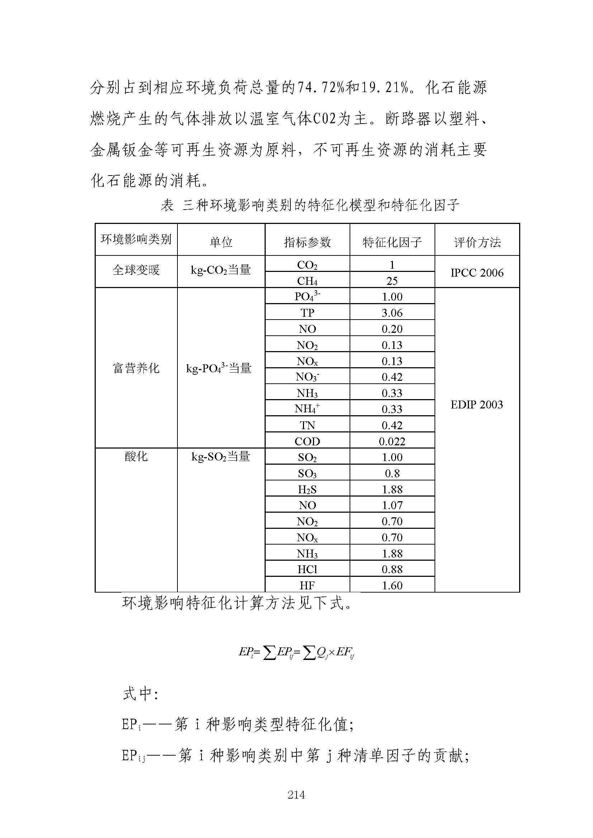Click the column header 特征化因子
click(x=392, y=242)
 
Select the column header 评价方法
click(x=477, y=242)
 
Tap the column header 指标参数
click(x=307, y=242)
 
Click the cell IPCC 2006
click(x=477, y=273)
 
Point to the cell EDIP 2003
click(x=477, y=404)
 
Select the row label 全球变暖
click(x=136, y=270)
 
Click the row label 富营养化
click(x=136, y=368)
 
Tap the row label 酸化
click(x=136, y=456)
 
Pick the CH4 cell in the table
click(x=307, y=281)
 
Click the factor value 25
click(x=392, y=281)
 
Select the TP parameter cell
click(x=307, y=313)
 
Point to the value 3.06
click(x=392, y=313)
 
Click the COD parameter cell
click(x=307, y=441)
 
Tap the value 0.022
click(x=392, y=441)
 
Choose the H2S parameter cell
click(x=307, y=489)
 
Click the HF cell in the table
click(x=307, y=585)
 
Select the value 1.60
click(x=392, y=585)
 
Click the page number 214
click(x=296, y=795)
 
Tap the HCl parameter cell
click(x=307, y=569)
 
